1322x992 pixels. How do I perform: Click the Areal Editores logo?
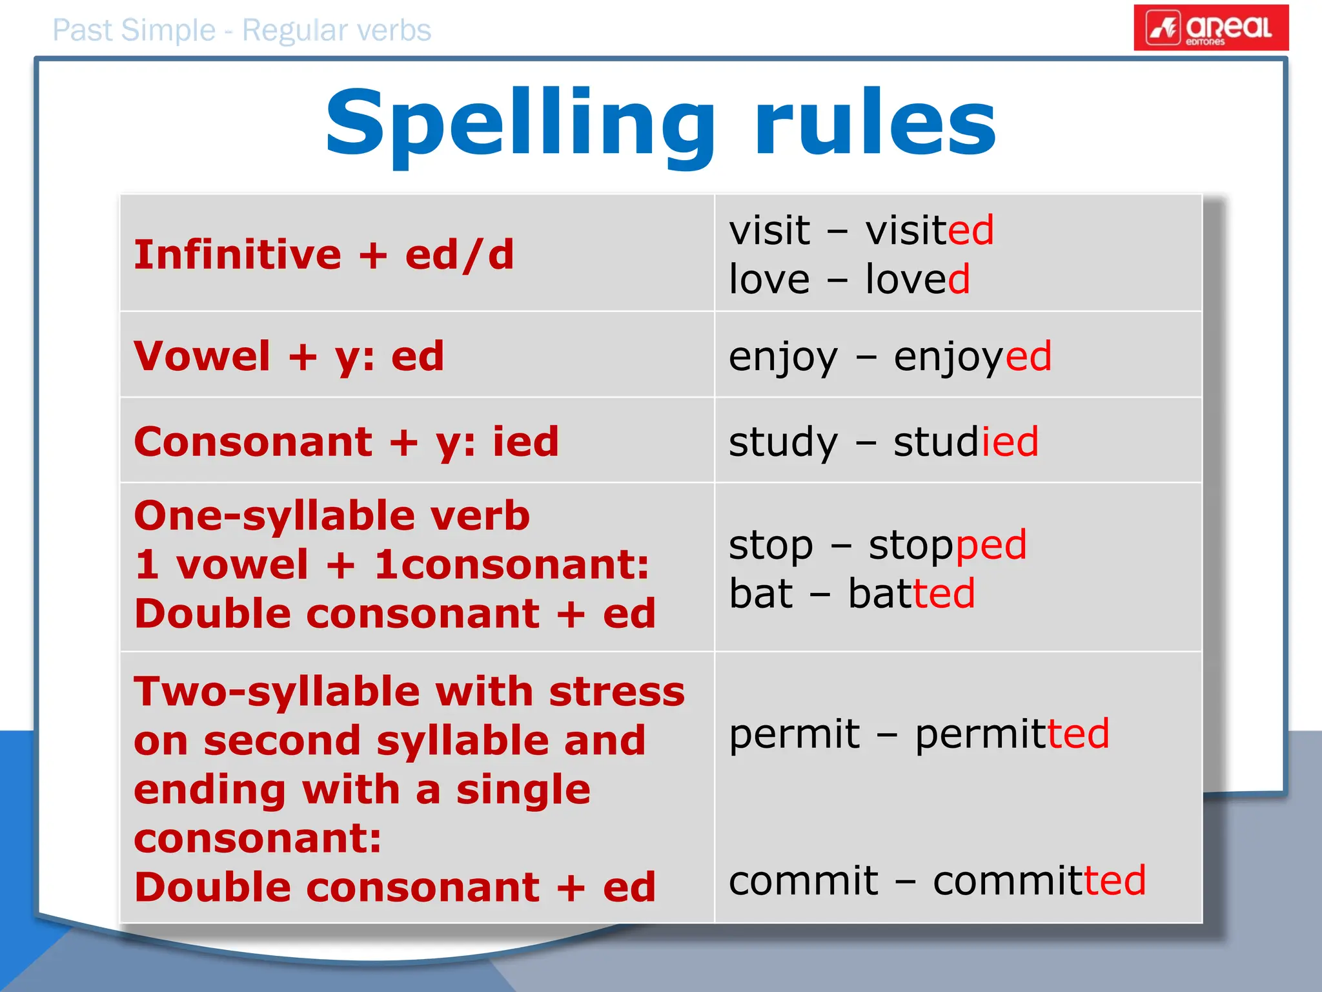1211,28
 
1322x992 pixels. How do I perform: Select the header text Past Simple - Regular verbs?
241,30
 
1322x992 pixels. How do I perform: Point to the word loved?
917,279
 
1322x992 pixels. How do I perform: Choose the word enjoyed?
972,356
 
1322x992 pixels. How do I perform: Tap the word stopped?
947,545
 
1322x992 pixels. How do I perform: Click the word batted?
911,594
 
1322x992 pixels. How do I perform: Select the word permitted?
1012,734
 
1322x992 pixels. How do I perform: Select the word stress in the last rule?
616,692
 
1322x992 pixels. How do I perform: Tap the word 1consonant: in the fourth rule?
511,564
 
